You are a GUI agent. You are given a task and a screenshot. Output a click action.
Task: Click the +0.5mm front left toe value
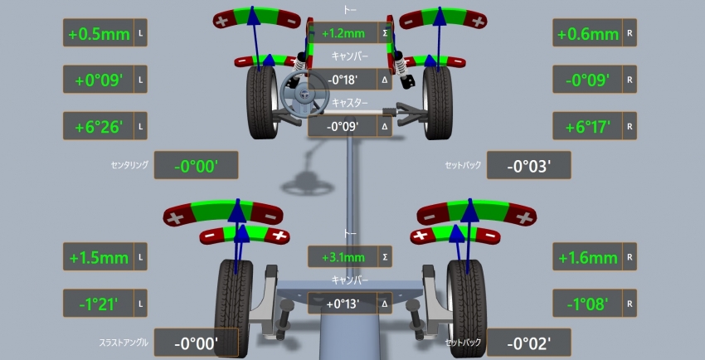(99, 34)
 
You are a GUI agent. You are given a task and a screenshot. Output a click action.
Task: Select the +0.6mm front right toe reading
(588, 34)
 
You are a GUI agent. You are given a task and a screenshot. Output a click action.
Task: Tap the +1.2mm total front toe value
(343, 33)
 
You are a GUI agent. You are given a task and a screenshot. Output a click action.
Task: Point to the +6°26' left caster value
(99, 127)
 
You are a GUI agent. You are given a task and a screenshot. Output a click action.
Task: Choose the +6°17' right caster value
(587, 127)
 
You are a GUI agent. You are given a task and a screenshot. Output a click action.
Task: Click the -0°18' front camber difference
(343, 80)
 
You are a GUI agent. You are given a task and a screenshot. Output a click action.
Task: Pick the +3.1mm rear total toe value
(343, 257)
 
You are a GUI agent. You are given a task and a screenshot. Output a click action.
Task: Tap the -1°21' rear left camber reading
(99, 304)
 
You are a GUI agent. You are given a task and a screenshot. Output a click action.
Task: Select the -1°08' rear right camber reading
(587, 304)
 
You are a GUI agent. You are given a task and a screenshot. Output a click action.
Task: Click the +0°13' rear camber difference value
(343, 304)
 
